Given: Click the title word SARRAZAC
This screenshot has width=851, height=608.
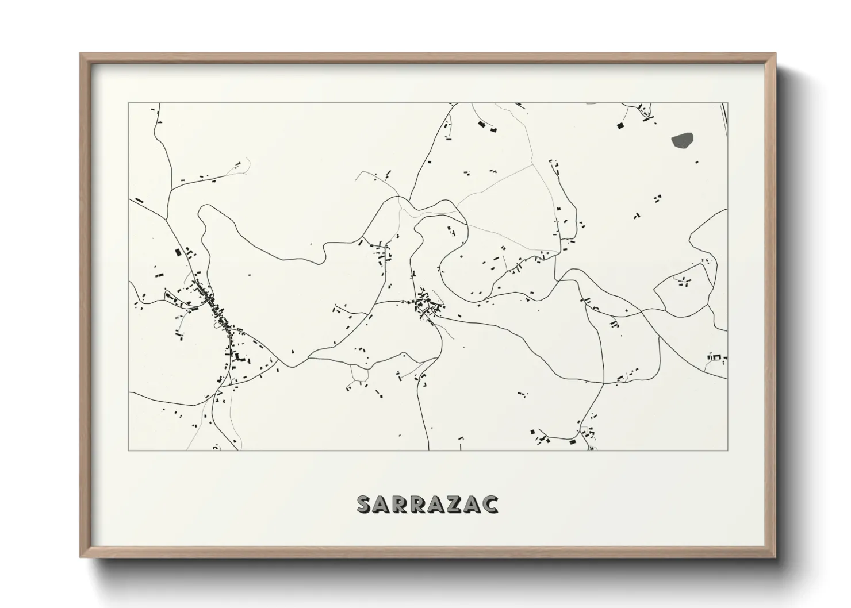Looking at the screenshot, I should (x=428, y=504).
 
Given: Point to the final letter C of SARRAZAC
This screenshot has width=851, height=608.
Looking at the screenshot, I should (x=490, y=504).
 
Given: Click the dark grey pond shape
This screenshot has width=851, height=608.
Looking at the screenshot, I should (x=682, y=140).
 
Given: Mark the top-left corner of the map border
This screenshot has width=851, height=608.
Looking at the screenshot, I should (x=128, y=103).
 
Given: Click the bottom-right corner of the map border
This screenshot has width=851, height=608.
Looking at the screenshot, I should (x=728, y=451).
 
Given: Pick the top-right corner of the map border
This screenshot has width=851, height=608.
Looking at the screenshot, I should (x=728, y=103).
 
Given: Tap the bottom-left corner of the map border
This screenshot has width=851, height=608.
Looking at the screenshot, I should (x=128, y=451).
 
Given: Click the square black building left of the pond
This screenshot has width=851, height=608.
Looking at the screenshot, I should (x=620, y=125).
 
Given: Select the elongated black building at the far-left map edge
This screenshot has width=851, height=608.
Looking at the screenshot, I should (x=139, y=201).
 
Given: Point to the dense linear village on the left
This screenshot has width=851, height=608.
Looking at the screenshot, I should (x=218, y=316).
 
